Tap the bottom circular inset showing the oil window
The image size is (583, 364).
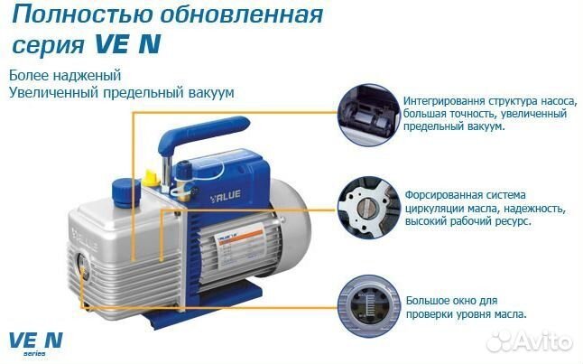(x=366, y=300)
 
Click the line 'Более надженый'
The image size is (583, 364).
(x=64, y=76)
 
